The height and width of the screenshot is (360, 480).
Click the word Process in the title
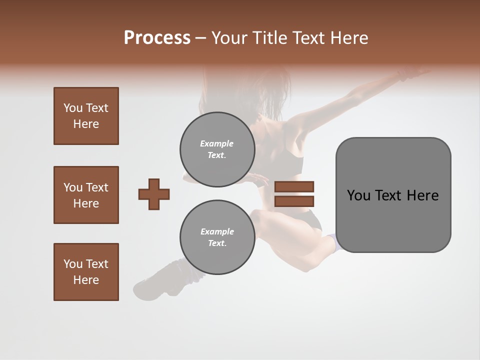[157, 38]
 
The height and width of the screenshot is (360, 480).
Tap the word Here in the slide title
[348, 38]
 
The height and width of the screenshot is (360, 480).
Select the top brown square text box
[86, 116]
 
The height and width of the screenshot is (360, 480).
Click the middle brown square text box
[86, 195]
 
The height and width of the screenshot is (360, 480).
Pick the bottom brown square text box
[86, 272]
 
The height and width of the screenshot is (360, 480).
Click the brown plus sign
[154, 194]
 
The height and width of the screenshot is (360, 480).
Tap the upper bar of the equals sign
[294, 187]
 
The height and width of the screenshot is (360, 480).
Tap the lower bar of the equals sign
[294, 201]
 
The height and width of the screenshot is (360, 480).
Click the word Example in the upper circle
[216, 143]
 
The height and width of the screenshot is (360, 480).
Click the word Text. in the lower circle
[217, 243]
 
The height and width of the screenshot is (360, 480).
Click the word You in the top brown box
[73, 108]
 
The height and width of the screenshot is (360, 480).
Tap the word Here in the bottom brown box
[86, 280]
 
